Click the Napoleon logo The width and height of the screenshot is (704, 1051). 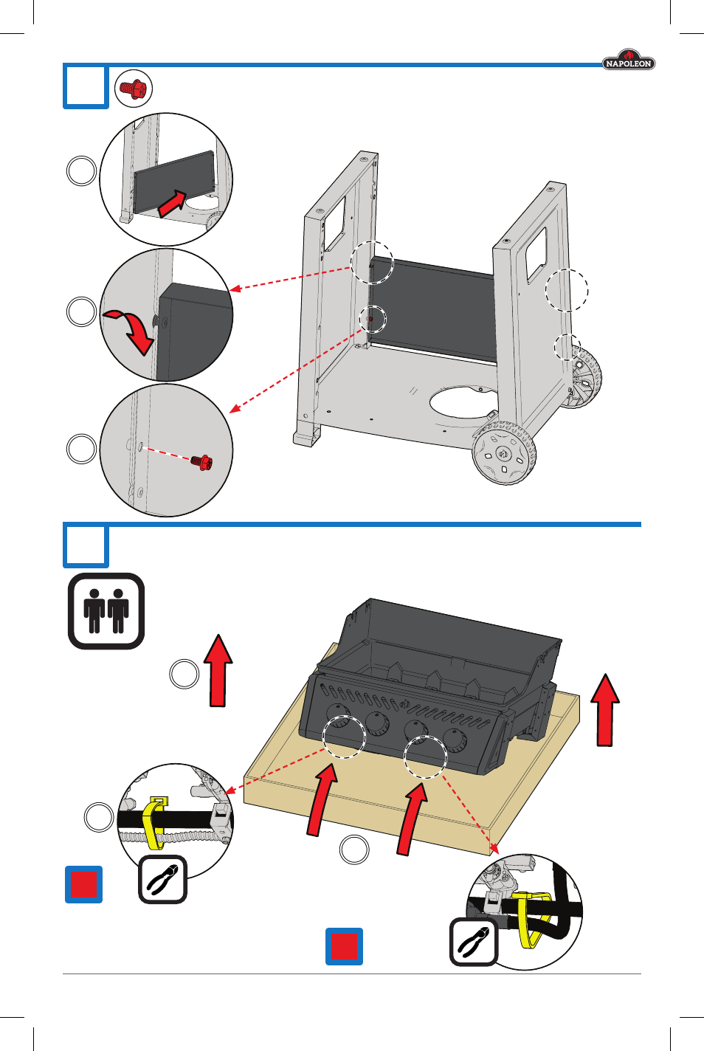click(x=628, y=61)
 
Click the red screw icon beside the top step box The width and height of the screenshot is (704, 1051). click(x=134, y=89)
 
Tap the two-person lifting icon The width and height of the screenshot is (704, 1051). click(x=106, y=611)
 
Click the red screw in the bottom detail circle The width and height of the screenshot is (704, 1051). click(x=201, y=462)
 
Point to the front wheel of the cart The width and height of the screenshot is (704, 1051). click(x=504, y=453)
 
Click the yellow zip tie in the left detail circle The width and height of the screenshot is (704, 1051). click(x=153, y=821)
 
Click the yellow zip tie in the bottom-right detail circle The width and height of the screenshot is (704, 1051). click(x=530, y=918)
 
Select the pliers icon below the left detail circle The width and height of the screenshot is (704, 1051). click(x=163, y=879)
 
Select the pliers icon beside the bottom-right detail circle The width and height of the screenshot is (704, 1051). click(x=474, y=942)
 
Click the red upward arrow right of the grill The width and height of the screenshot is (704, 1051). click(x=605, y=709)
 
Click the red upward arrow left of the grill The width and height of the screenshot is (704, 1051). click(x=218, y=670)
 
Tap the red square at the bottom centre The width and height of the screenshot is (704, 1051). click(x=345, y=946)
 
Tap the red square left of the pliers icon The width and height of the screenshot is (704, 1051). click(x=84, y=884)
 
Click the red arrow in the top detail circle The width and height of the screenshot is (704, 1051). click(x=173, y=201)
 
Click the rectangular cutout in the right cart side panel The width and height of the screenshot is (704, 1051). click(x=536, y=255)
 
